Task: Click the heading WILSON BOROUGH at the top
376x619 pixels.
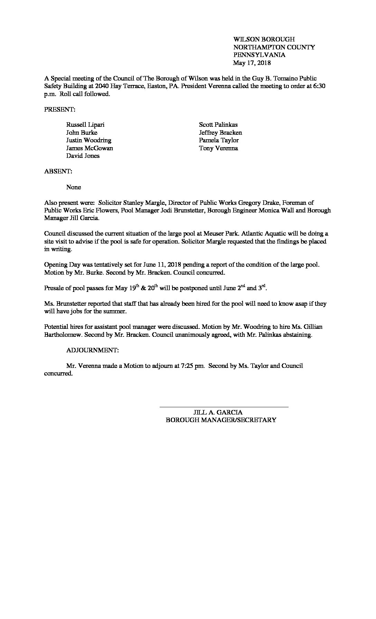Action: [x=264, y=39]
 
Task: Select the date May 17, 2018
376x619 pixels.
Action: [x=252, y=63]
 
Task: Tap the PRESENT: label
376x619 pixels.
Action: [x=60, y=109]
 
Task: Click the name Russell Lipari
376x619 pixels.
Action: [x=85, y=125]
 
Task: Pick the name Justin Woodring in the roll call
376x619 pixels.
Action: [x=89, y=140]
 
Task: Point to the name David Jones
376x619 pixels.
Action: [x=83, y=156]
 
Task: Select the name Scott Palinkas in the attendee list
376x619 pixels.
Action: [x=218, y=125]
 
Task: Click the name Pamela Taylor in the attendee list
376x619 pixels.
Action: [x=219, y=140]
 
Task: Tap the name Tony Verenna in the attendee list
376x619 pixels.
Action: [x=218, y=148]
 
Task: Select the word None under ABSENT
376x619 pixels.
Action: [x=74, y=187]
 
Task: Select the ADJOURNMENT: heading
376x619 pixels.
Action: [x=93, y=350]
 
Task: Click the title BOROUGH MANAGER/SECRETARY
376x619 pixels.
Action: [x=221, y=420]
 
